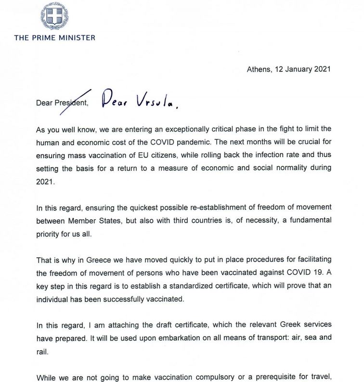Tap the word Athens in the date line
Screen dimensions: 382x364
(259, 69)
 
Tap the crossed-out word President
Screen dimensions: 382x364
(73, 102)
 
